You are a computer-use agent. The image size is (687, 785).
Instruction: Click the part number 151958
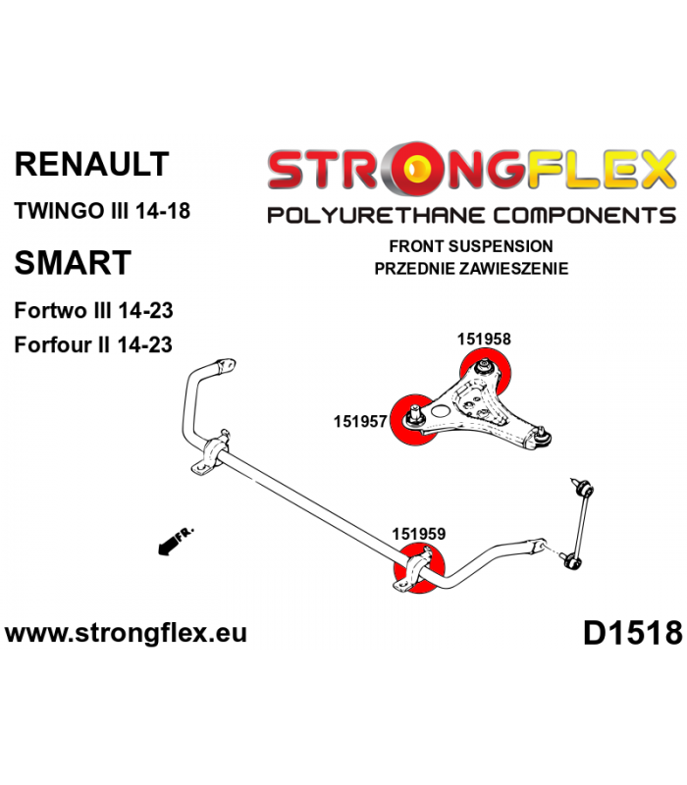tap(484, 339)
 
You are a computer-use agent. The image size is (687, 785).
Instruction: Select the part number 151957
tap(360, 422)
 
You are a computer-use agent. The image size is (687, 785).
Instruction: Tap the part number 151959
tap(419, 534)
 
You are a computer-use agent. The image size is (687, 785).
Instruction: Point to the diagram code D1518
tap(632, 633)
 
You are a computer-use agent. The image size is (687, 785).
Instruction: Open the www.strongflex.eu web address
tap(126, 633)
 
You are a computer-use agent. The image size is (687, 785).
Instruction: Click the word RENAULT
tap(92, 164)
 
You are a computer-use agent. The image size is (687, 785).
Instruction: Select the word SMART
tap(73, 262)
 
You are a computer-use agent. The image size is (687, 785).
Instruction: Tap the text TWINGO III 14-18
tap(102, 210)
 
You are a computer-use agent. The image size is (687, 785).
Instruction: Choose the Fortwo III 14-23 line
tap(93, 310)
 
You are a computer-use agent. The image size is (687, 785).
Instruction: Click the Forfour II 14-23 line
tap(93, 345)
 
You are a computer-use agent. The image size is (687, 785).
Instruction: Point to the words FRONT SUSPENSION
tap(471, 246)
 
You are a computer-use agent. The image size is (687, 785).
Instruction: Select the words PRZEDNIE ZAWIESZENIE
tap(471, 269)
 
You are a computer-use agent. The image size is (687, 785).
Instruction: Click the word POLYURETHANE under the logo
tap(376, 216)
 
